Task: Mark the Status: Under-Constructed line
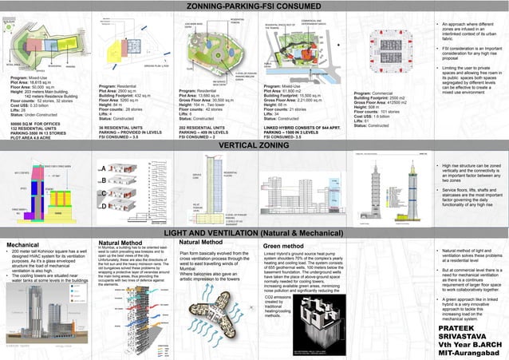[33, 116]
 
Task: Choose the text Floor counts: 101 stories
[380, 111]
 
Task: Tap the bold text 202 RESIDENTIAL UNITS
[206, 126]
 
